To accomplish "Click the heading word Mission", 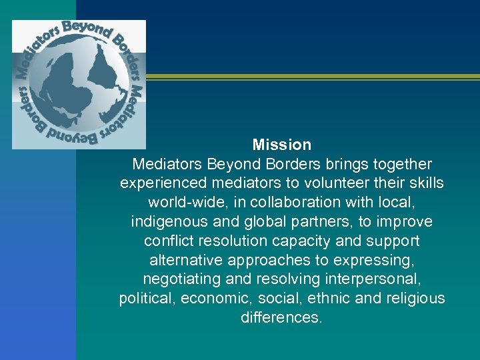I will (282, 145).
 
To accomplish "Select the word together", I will (399, 164).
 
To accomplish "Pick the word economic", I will (202, 299).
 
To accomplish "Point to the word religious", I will (414, 299).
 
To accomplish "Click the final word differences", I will (281, 318).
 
